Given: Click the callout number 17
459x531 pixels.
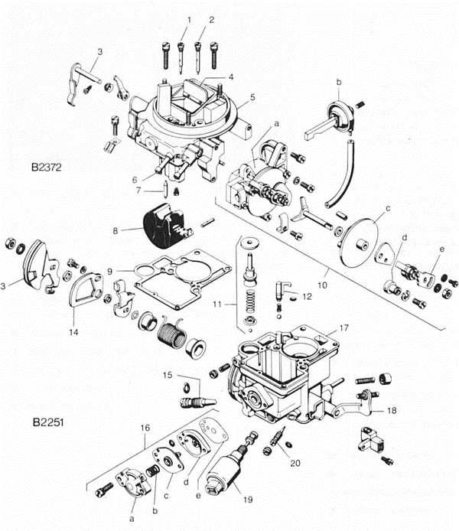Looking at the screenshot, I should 343,327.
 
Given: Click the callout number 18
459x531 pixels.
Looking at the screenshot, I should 391,411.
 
